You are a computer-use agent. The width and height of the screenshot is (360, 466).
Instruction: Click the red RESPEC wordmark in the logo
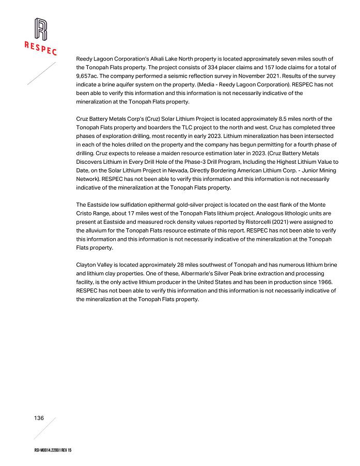[40, 48]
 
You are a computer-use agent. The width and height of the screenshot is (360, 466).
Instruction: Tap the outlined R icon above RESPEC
[40, 29]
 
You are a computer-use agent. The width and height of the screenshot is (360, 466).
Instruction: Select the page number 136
[39, 418]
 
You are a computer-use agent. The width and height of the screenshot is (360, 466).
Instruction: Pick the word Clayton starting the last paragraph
[86, 265]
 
